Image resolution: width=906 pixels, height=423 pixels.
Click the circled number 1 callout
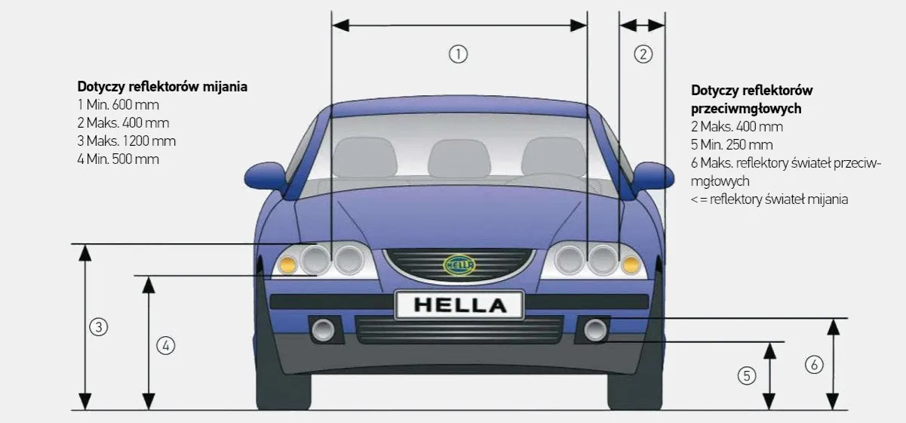click(x=458, y=54)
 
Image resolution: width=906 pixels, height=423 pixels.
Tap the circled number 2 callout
click(x=643, y=54)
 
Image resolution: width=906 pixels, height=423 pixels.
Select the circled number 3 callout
click(x=98, y=327)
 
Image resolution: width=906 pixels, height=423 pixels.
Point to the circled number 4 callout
click(x=165, y=346)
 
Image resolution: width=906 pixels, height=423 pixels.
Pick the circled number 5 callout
click(x=747, y=375)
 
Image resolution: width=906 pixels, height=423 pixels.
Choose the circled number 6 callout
click(x=814, y=365)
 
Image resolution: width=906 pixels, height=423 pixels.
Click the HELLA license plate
click(x=459, y=305)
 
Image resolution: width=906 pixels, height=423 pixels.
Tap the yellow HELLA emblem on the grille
click(x=459, y=265)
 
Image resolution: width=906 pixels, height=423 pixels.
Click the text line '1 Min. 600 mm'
click(x=118, y=105)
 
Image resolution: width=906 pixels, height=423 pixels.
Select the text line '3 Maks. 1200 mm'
click(x=127, y=141)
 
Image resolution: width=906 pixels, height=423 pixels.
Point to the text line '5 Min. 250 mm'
click(x=732, y=144)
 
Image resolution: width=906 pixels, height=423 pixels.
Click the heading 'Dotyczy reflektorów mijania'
click(x=162, y=87)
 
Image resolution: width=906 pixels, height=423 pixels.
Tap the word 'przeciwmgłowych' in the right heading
click(x=746, y=109)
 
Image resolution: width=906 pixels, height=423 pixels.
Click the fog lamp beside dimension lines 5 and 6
click(x=595, y=330)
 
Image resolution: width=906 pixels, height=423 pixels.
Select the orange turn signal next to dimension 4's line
click(x=287, y=265)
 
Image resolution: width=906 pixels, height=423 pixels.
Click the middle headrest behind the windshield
click(x=459, y=158)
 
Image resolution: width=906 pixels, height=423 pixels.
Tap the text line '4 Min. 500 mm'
click(x=118, y=159)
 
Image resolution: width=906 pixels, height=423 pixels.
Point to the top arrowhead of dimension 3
click(x=84, y=252)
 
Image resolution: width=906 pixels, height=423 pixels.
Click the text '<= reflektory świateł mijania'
click(x=769, y=199)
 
